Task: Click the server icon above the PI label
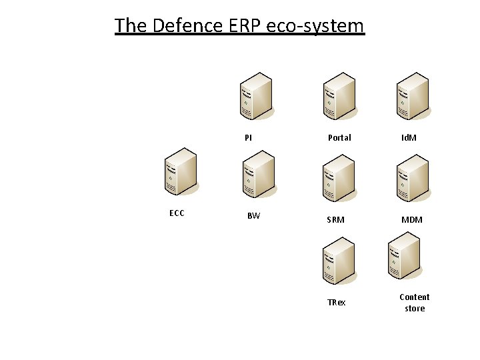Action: (x=256, y=97)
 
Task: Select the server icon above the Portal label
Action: (x=339, y=97)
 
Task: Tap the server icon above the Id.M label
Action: (x=411, y=97)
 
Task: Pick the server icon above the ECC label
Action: (x=181, y=172)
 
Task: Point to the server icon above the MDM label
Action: (x=411, y=178)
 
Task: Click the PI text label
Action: (x=248, y=138)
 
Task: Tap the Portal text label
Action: (x=339, y=138)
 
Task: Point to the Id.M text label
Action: (x=409, y=138)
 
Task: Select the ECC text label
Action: (x=177, y=213)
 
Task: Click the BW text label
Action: (x=253, y=216)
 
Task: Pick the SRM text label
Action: (x=336, y=220)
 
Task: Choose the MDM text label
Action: (x=411, y=220)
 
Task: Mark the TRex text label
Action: (x=337, y=303)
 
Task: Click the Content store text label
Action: (x=415, y=303)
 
